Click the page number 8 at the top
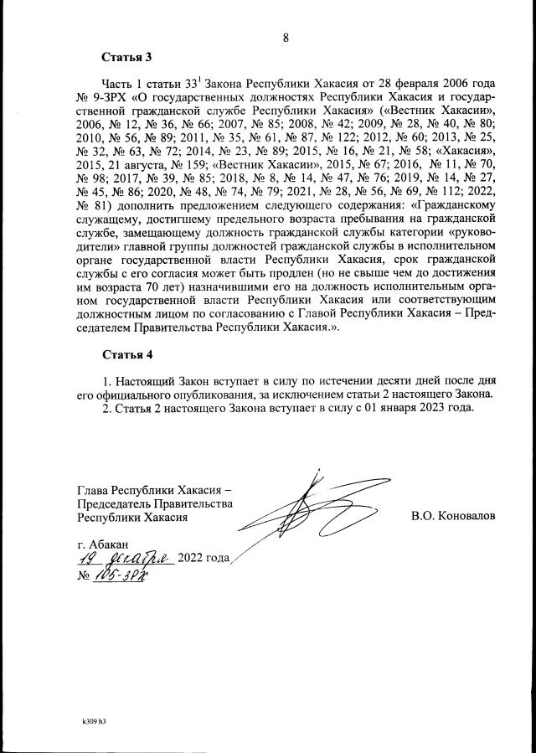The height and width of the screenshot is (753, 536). point(286,37)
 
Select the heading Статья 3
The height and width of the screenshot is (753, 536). point(126,58)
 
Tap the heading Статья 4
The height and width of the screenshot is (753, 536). point(126,354)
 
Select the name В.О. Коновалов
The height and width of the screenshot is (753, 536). point(453,517)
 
